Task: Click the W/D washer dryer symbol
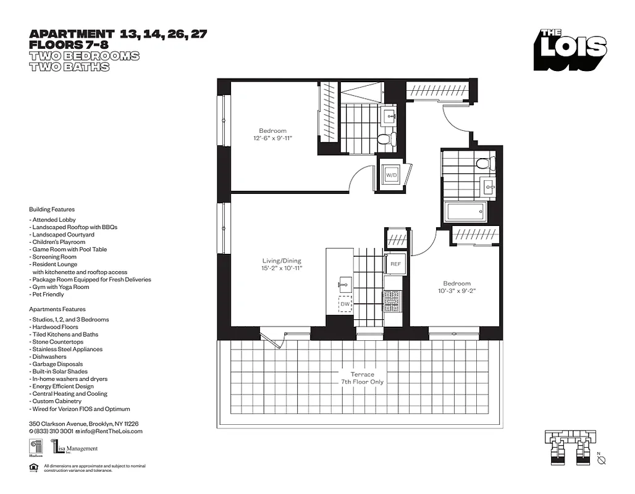tap(392, 175)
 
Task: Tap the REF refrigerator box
tap(395, 264)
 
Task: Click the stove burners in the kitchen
tap(392, 301)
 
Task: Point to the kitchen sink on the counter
tap(345, 285)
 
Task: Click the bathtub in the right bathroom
tap(466, 212)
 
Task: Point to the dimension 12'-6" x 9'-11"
tap(272, 139)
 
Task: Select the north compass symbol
tap(602, 459)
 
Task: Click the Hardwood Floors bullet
tap(54, 327)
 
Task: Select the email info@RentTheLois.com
tap(111, 431)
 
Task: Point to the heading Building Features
tap(51, 209)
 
